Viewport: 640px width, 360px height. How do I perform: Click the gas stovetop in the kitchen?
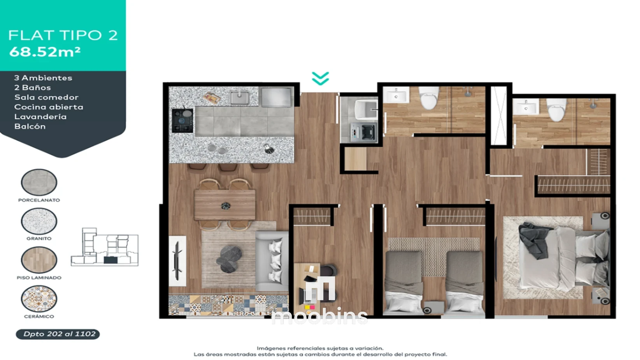[x=182, y=121]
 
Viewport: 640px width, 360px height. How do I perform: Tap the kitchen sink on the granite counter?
[x=239, y=98]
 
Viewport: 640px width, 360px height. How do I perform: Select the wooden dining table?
[x=224, y=205]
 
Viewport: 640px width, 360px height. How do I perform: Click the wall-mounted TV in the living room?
[x=177, y=261]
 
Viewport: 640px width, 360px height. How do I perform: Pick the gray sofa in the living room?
[x=272, y=261]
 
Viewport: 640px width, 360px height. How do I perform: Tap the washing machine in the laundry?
[x=363, y=133]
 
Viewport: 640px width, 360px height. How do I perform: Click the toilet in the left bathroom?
[x=429, y=98]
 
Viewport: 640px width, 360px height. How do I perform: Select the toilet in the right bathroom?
[x=556, y=110]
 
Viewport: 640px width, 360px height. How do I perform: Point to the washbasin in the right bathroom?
[x=526, y=107]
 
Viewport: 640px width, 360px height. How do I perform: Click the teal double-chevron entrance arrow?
[x=320, y=78]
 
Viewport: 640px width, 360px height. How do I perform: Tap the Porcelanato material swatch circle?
[x=39, y=182]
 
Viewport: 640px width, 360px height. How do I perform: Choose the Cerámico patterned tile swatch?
[x=39, y=299]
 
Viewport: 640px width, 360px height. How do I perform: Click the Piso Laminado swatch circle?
[x=39, y=260]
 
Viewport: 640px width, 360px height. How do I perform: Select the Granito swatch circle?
[x=39, y=221]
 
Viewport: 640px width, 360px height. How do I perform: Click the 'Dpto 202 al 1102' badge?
[x=58, y=334]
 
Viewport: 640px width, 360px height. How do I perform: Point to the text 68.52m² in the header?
[x=45, y=52]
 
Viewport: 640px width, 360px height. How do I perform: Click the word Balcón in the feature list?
[x=30, y=126]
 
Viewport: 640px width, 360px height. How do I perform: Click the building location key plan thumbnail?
[x=105, y=247]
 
